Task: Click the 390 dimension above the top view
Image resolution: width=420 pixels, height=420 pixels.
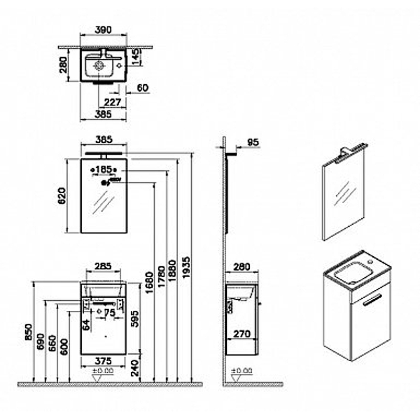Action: point(103,30)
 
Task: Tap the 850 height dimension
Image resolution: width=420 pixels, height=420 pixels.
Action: point(28,331)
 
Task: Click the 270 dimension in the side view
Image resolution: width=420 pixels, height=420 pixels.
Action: point(241,333)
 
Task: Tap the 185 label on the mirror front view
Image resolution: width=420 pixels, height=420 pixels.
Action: point(105,170)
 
